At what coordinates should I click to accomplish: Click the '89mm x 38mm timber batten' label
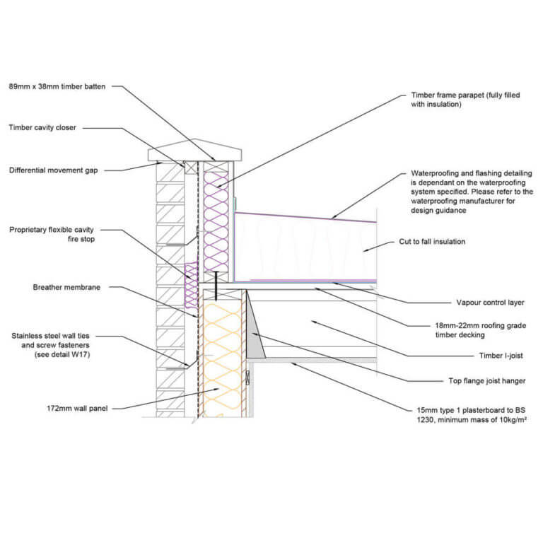point(57,86)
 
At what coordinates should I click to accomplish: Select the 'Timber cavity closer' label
point(42,128)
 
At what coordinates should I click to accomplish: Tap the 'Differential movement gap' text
point(52,170)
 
